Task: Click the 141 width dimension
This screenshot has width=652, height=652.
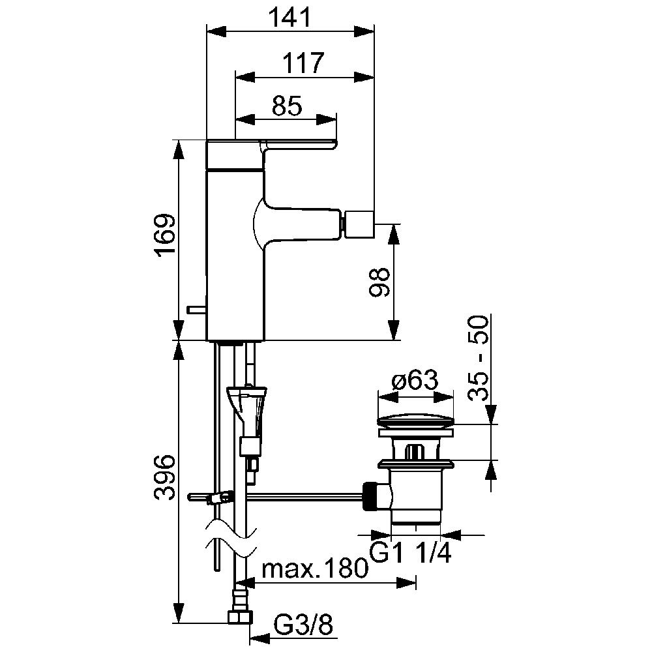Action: point(290,18)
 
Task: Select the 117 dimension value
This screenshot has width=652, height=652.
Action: point(303,63)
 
